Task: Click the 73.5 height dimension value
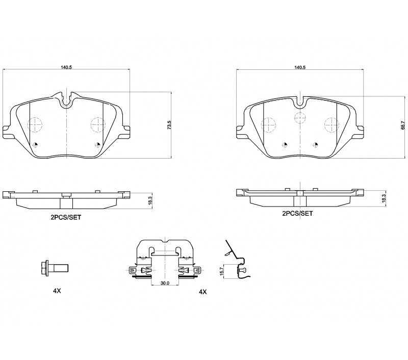[x=169, y=125]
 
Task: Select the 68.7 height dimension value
[x=403, y=125]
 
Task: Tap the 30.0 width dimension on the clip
[x=165, y=283]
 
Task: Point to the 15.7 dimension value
[x=222, y=271]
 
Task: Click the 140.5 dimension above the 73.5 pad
[x=66, y=67]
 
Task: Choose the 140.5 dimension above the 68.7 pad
[x=300, y=67]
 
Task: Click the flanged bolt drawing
[x=55, y=268]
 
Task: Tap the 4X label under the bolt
[x=57, y=291]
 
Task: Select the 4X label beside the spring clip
[x=202, y=292]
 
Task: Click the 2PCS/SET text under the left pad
[x=66, y=217]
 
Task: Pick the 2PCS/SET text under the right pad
[x=297, y=213]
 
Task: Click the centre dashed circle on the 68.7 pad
[x=300, y=117]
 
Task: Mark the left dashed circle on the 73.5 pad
[x=35, y=124]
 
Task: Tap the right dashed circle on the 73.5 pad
[x=97, y=124]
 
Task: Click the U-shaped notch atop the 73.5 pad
[x=67, y=100]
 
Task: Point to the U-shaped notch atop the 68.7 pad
[x=300, y=101]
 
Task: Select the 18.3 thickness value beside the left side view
[x=149, y=201]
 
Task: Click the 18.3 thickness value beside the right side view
[x=382, y=199]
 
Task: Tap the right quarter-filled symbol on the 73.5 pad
[x=98, y=145]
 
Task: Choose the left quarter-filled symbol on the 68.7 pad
[x=285, y=145]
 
